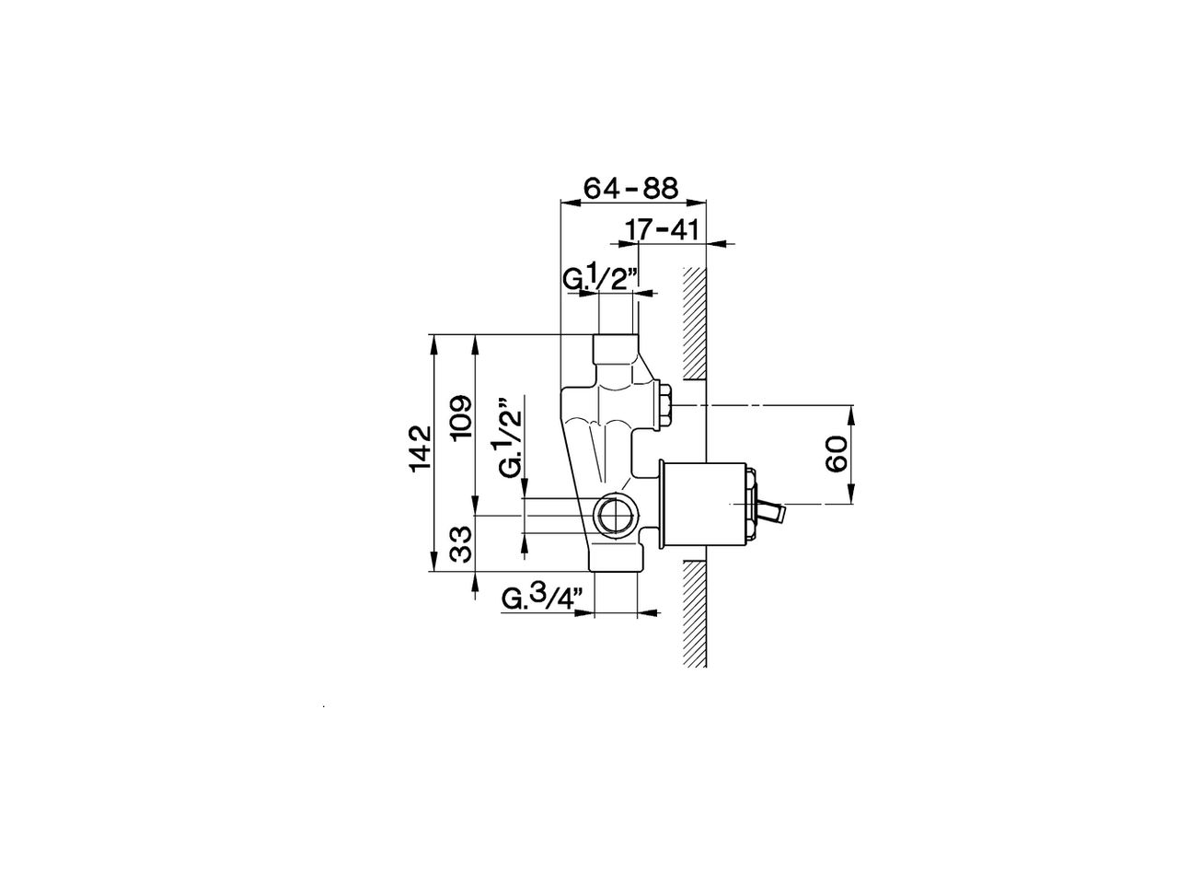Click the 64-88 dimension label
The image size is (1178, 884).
click(631, 188)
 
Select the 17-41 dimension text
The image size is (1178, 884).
click(661, 228)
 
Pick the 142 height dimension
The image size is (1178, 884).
click(420, 448)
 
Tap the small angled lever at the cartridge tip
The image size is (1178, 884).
click(771, 509)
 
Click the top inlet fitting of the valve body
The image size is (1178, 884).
click(615, 349)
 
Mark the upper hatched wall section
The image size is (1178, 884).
click(694, 322)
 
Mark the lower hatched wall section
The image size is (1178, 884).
click(694, 612)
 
